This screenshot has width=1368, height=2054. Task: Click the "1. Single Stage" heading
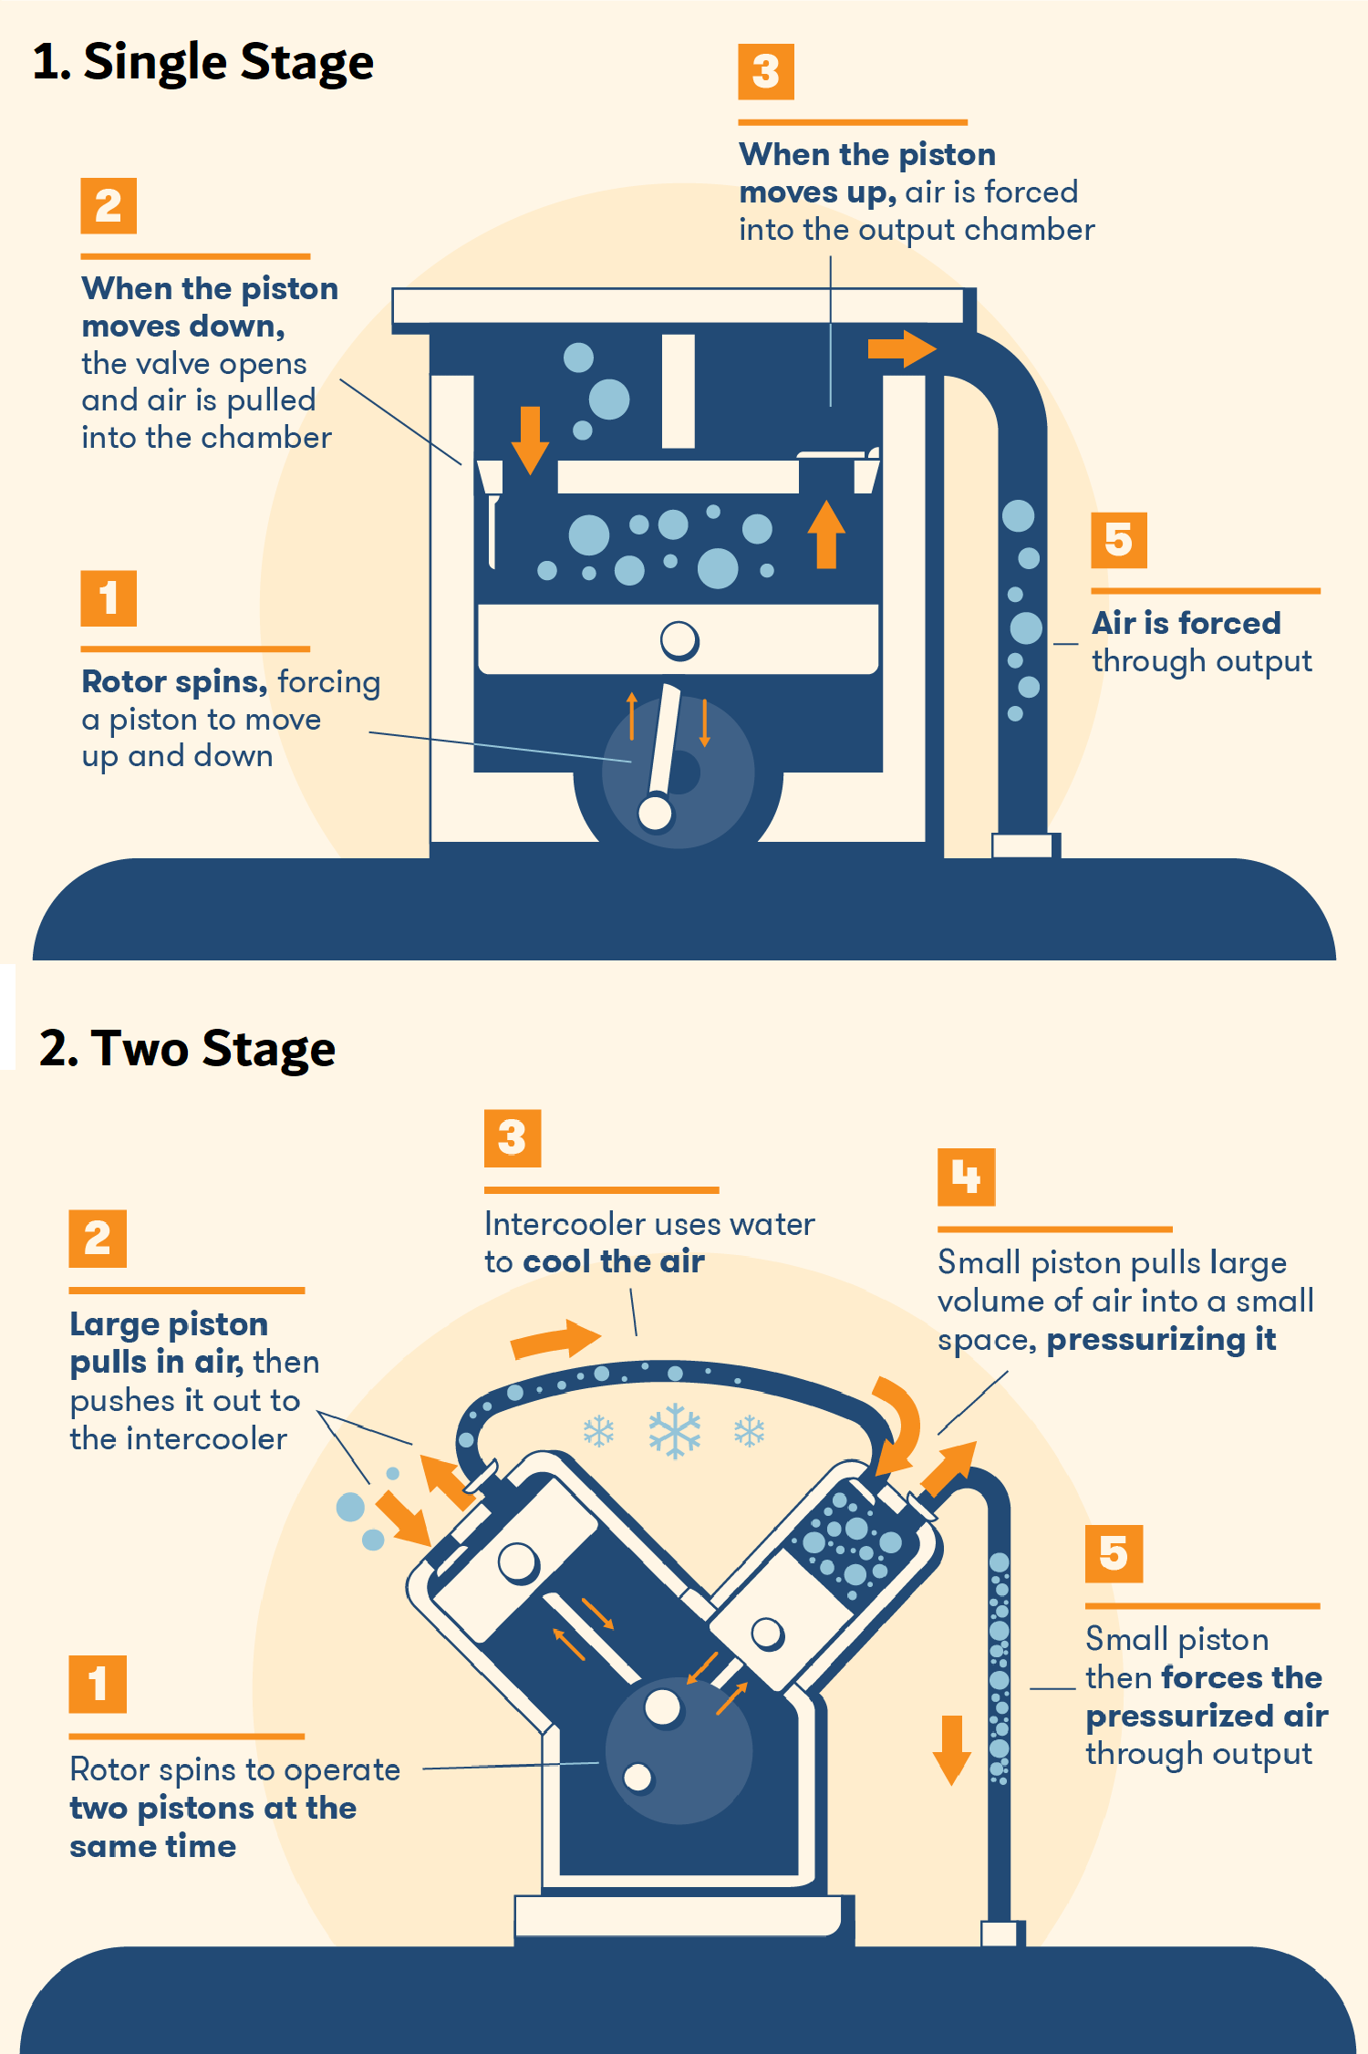pyautogui.click(x=202, y=62)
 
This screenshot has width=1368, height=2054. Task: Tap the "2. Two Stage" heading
pyautogui.click(x=187, y=1048)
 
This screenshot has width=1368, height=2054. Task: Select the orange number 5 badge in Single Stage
pyautogui.click(x=1118, y=540)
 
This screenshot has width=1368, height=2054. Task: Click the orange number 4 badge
pyautogui.click(x=966, y=1177)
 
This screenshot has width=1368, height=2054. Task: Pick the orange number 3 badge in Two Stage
pyautogui.click(x=513, y=1137)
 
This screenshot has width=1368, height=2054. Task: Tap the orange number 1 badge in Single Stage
pyautogui.click(x=109, y=598)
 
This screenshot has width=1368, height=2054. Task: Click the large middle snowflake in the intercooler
pyautogui.click(x=675, y=1430)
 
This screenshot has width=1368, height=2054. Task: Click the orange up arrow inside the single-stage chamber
pyautogui.click(x=826, y=534)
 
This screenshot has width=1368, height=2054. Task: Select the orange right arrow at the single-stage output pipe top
pyautogui.click(x=901, y=348)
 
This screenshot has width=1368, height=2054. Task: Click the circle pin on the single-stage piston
pyautogui.click(x=679, y=640)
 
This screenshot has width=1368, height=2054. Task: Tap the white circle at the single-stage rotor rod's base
pyautogui.click(x=655, y=814)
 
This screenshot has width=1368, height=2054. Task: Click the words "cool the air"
pyautogui.click(x=613, y=1261)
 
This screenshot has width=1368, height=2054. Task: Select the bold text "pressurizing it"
pyautogui.click(x=1161, y=1339)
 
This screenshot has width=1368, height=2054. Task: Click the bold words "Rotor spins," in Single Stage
pyautogui.click(x=174, y=681)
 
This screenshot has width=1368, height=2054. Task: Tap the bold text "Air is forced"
pyautogui.click(x=1187, y=623)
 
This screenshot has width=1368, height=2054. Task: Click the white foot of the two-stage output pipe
pyautogui.click(x=999, y=1933)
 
